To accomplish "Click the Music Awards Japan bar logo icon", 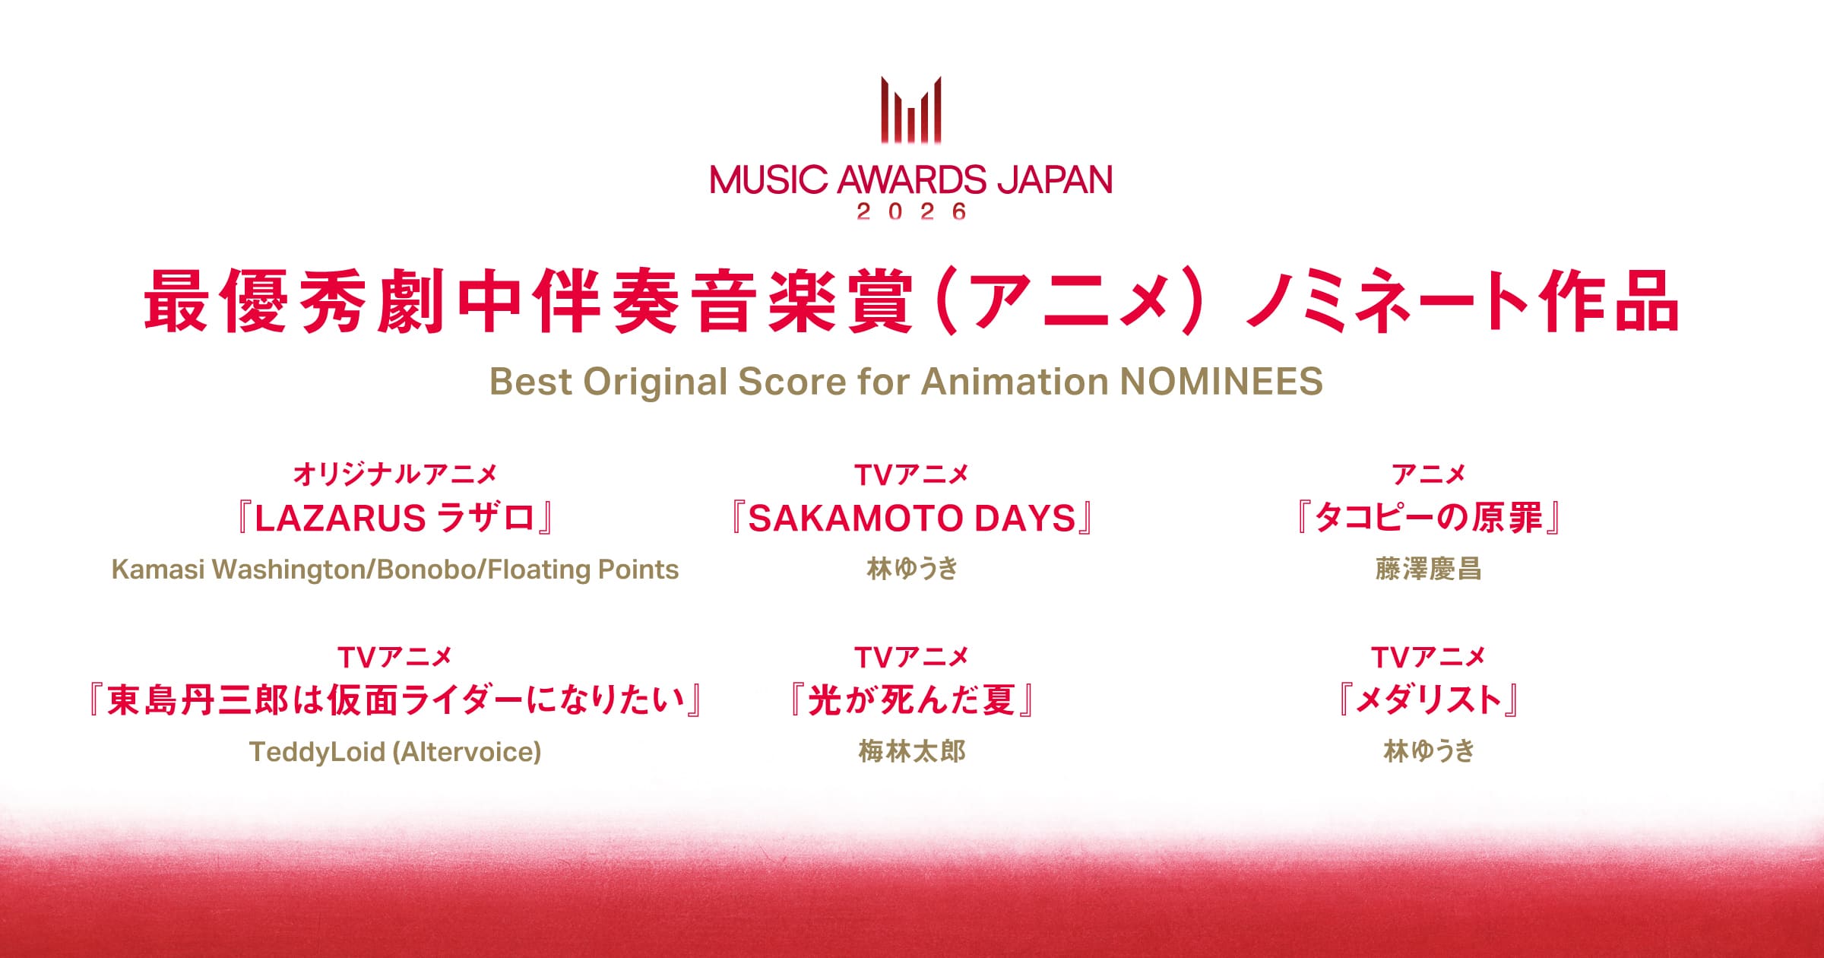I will [x=911, y=110].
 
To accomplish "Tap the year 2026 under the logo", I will [x=911, y=211].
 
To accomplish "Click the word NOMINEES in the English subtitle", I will [x=1221, y=381].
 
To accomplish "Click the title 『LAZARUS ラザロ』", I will [x=395, y=519].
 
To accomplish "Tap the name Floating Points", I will [x=583, y=569].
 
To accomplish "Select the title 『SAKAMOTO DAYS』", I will [x=911, y=519].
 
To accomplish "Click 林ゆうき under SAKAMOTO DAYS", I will [x=912, y=569].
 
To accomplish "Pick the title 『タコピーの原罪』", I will [x=1428, y=519].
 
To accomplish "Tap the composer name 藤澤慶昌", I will [x=1428, y=569].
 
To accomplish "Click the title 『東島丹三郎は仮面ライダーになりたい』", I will [x=395, y=700].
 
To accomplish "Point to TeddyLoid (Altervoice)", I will [x=395, y=752].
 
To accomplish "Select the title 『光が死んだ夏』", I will [x=911, y=700].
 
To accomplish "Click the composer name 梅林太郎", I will [x=912, y=751].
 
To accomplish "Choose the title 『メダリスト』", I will [x=1428, y=700].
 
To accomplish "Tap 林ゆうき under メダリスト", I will [x=1428, y=751].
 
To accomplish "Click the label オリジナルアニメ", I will [x=395, y=474].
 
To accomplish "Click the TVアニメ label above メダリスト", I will [x=1428, y=657].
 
